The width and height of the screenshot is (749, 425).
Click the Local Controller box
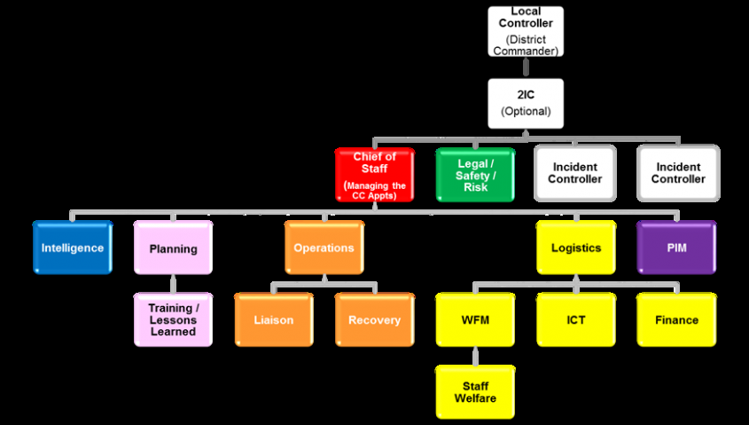click(x=526, y=30)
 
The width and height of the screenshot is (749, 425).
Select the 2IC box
click(x=526, y=103)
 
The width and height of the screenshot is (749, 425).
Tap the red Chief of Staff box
click(x=374, y=174)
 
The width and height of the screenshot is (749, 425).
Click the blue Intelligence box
click(x=72, y=248)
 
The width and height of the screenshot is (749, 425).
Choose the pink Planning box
click(x=173, y=248)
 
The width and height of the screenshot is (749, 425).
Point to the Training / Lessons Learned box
click(x=173, y=319)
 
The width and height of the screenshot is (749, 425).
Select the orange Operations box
click(x=324, y=248)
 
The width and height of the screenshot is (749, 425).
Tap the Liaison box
click(x=274, y=319)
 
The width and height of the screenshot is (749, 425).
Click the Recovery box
click(x=374, y=319)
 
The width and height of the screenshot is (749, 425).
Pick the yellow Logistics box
click(x=575, y=248)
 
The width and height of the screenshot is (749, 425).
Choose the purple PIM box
click(x=676, y=248)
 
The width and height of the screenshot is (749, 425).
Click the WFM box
click(x=475, y=319)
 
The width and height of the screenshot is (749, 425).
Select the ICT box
click(x=575, y=319)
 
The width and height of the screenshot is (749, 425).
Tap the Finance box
click(x=676, y=319)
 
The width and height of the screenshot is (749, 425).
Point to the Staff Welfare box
click(x=475, y=391)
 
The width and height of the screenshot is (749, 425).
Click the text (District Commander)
click(x=526, y=45)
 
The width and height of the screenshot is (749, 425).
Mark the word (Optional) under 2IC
click(x=526, y=112)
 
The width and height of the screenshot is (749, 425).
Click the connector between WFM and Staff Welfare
click(x=475, y=356)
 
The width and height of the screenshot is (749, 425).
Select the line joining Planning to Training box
click(x=173, y=283)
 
